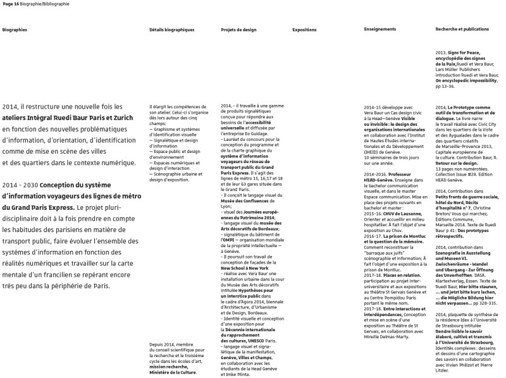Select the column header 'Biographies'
[14, 30]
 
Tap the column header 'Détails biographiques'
[172, 30]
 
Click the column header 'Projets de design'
[238, 30]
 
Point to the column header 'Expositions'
[304, 30]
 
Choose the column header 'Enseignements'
[380, 30]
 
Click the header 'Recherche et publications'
[462, 30]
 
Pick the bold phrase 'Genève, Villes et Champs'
[245, 358]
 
